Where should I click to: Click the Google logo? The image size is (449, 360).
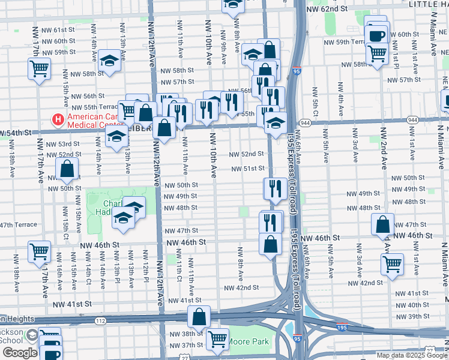point(19,353)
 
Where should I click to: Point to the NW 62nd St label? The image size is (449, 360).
point(327,9)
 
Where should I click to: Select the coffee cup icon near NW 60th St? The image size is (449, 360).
point(377,35)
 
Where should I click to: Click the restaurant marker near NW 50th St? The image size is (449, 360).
point(274,188)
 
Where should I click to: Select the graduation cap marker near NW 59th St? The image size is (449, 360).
point(109,60)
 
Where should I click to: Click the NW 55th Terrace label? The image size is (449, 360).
point(90,106)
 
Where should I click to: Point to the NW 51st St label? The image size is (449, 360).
point(250,169)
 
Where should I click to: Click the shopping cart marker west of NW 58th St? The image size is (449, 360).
point(39,69)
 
